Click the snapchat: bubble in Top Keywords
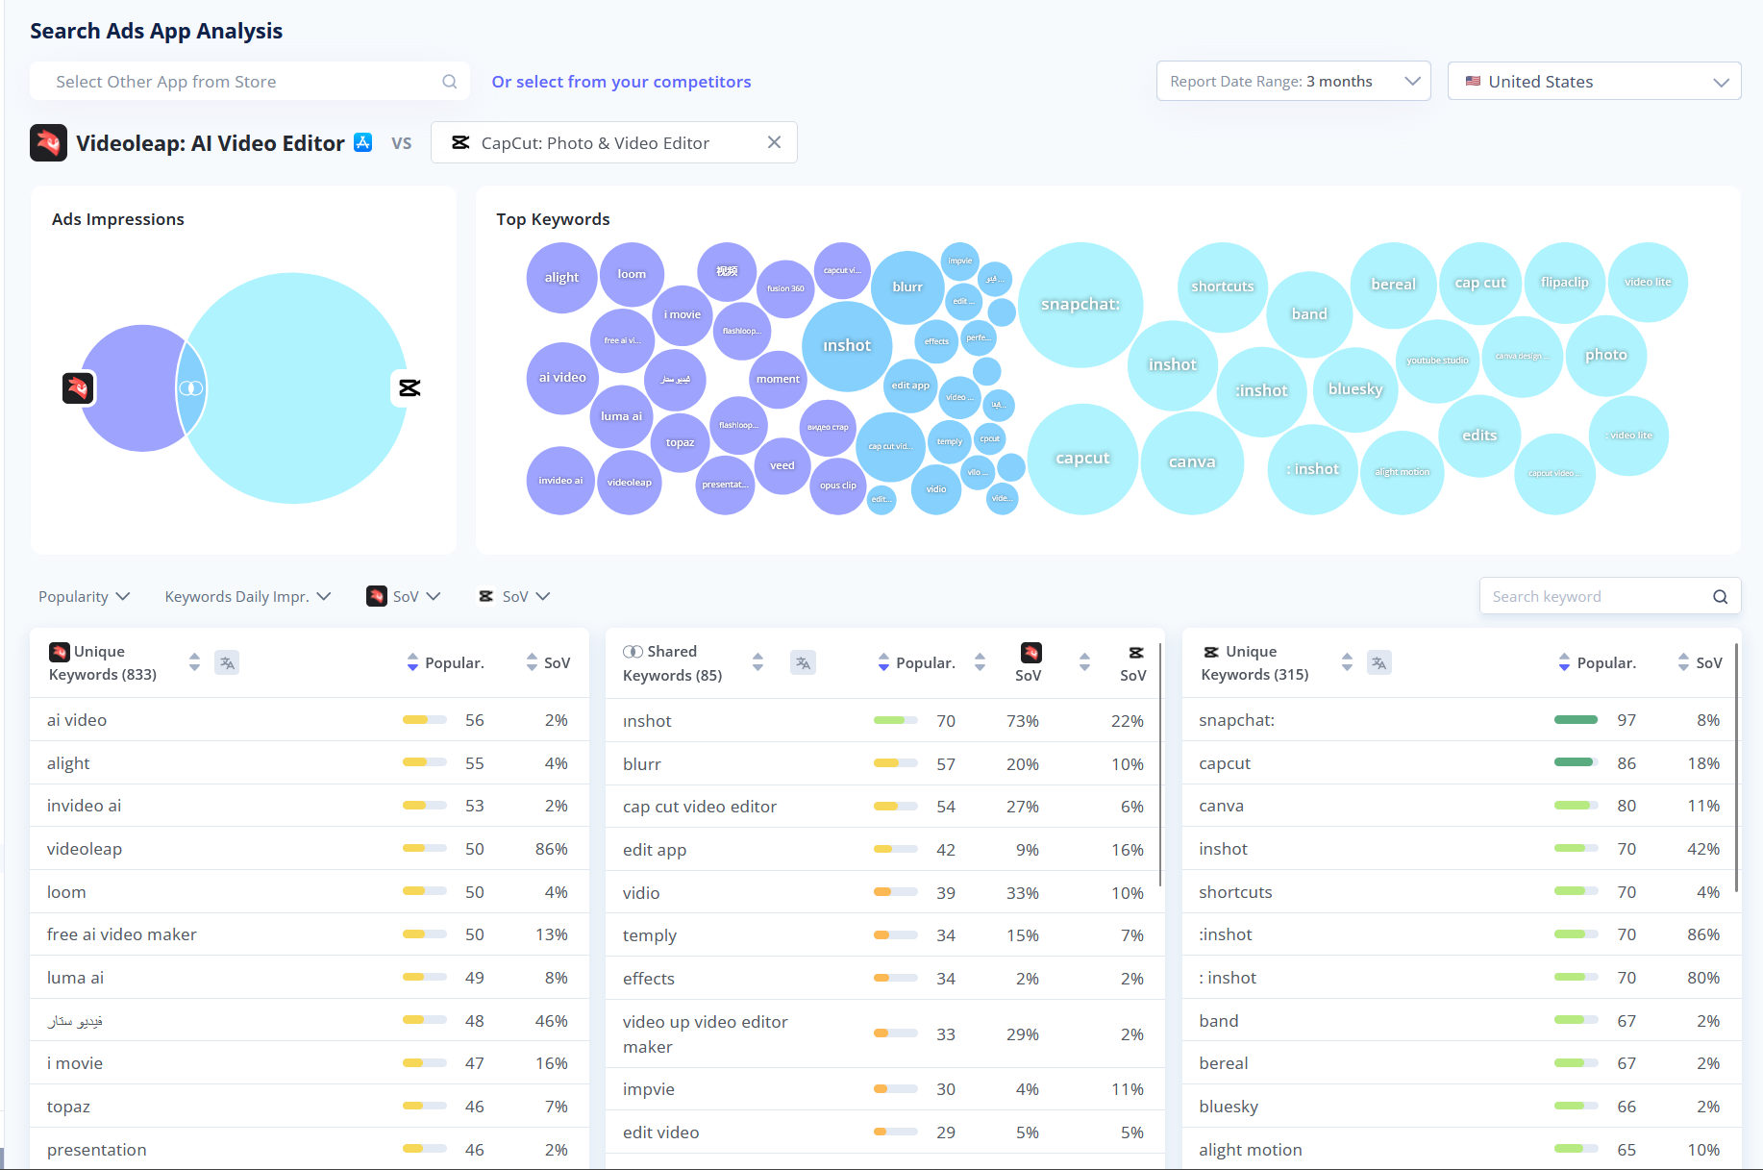(x=1080, y=305)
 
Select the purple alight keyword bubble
(x=561, y=278)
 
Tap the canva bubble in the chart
(x=1192, y=462)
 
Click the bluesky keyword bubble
(x=1354, y=389)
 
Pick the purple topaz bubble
(x=680, y=442)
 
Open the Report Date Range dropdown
(x=1293, y=82)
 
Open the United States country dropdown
(x=1594, y=82)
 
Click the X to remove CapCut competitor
(x=774, y=142)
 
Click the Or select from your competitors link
(x=621, y=82)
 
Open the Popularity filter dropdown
(x=84, y=596)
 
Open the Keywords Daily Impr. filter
(x=247, y=596)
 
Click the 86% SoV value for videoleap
(x=551, y=849)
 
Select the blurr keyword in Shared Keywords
(x=642, y=764)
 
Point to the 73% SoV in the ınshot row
(x=1022, y=721)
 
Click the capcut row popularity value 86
(x=1626, y=763)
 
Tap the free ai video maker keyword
(x=122, y=934)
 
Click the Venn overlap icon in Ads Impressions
(x=191, y=388)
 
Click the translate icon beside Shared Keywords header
(x=803, y=662)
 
